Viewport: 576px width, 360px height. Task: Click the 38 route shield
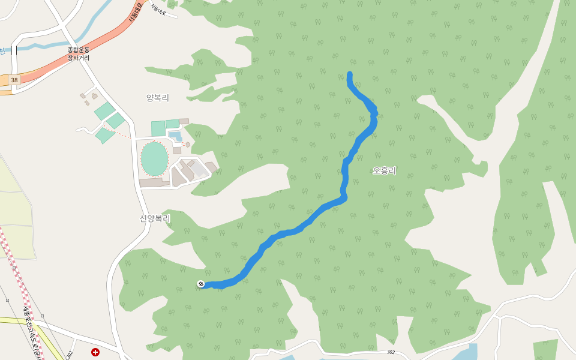pos(14,79)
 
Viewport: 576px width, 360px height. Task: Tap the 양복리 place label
pos(158,97)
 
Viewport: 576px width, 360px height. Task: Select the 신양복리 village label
pos(155,218)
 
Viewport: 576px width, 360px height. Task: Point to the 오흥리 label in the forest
pos(384,170)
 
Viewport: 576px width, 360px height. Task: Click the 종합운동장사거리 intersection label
pos(78,54)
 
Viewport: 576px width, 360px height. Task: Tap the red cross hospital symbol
pos(95,352)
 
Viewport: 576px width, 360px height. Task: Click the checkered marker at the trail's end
pos(201,284)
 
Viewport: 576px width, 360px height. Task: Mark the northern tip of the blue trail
pos(350,74)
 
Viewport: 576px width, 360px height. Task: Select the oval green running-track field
pos(154,158)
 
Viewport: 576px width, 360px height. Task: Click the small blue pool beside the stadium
pos(175,136)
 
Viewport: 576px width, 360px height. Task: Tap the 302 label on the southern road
pos(391,352)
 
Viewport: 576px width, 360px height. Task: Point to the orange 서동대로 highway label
pos(134,12)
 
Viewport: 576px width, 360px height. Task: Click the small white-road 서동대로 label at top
pos(158,9)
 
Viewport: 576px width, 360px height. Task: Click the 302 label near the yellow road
pos(70,354)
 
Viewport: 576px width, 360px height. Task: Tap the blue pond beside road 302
pos(465,352)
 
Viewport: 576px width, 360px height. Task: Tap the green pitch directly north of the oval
pos(158,128)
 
